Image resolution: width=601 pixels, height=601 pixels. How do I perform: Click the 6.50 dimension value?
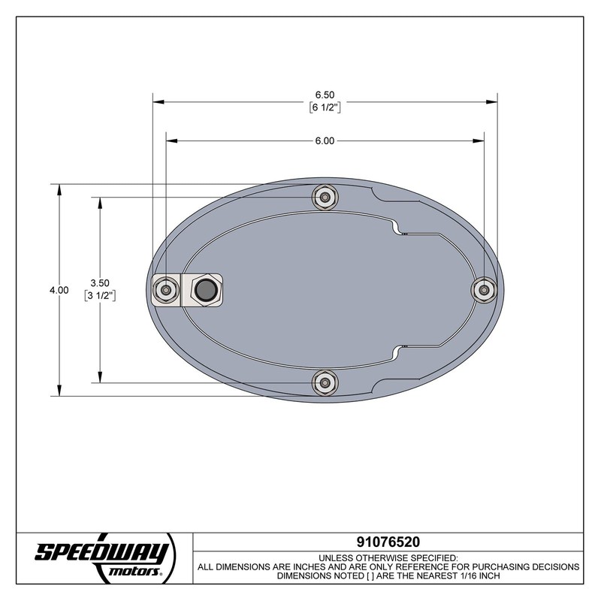coord(325,95)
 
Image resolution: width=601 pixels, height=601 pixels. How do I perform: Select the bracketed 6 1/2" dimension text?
coord(325,107)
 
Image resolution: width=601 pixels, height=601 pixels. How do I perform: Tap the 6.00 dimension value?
coord(325,140)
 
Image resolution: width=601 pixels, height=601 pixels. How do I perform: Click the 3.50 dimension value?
coord(100,282)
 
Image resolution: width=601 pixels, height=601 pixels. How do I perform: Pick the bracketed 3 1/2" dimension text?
coord(100,295)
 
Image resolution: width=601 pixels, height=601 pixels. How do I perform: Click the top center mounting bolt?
coord(324,198)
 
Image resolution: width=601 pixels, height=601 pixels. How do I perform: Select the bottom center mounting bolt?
coord(324,382)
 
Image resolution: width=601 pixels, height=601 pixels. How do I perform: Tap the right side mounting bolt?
coord(485,289)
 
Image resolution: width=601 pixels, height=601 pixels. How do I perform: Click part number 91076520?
coord(388,541)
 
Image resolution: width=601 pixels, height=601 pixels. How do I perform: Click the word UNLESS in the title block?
coord(337,557)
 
